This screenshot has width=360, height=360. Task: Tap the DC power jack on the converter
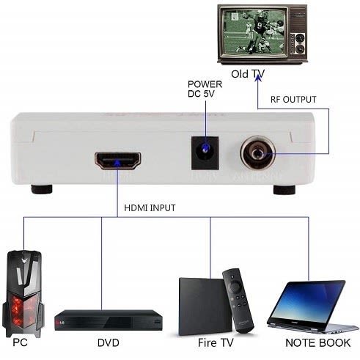tap(205, 156)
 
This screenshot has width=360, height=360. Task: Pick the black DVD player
tap(109, 317)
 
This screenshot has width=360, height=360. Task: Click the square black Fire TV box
tap(201, 304)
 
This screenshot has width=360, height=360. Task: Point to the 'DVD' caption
tap(109, 343)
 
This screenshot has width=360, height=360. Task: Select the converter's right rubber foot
tap(282, 189)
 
